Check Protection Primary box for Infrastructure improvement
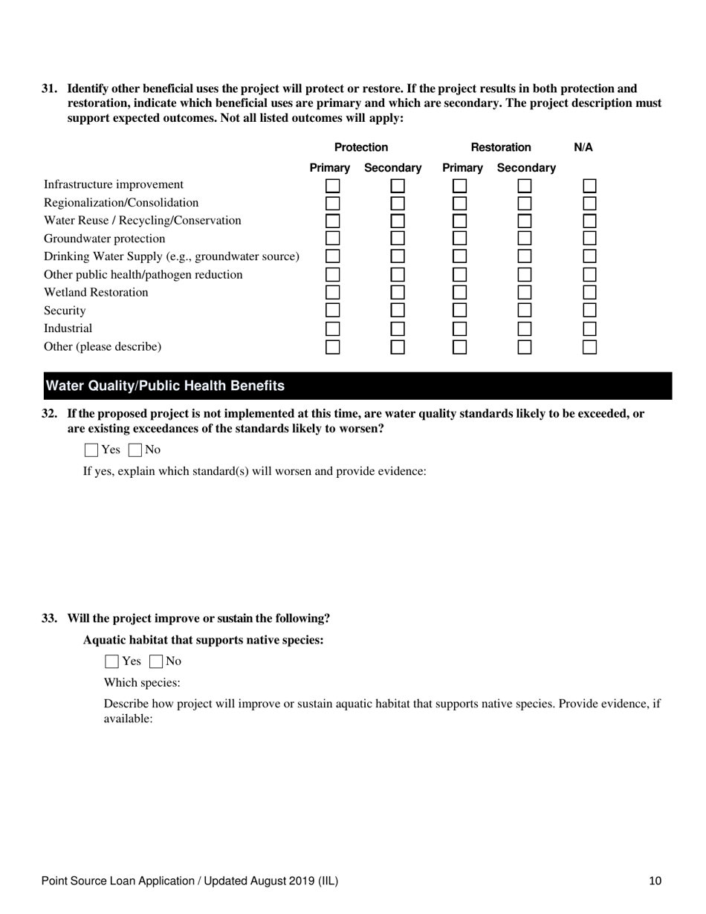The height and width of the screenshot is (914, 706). click(x=332, y=185)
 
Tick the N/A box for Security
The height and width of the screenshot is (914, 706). click(x=589, y=311)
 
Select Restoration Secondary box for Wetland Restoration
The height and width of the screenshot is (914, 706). click(x=525, y=293)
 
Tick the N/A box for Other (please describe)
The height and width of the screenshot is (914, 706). click(x=589, y=346)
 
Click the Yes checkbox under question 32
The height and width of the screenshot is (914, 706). click(x=91, y=450)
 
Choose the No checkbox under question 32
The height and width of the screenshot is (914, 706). click(x=135, y=450)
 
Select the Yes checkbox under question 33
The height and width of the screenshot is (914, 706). click(x=112, y=661)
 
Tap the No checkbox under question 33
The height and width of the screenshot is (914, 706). click(x=156, y=661)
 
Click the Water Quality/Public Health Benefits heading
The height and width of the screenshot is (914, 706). click(x=165, y=386)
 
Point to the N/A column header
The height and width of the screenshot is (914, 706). click(x=583, y=148)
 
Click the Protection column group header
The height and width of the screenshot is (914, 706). click(x=361, y=148)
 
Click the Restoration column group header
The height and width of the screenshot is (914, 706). click(x=505, y=148)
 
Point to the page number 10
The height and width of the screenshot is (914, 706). click(x=655, y=881)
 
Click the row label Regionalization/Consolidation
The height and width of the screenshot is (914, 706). click(x=121, y=203)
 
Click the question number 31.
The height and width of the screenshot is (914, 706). click(x=49, y=88)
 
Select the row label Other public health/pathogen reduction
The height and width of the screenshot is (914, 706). click(x=143, y=275)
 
